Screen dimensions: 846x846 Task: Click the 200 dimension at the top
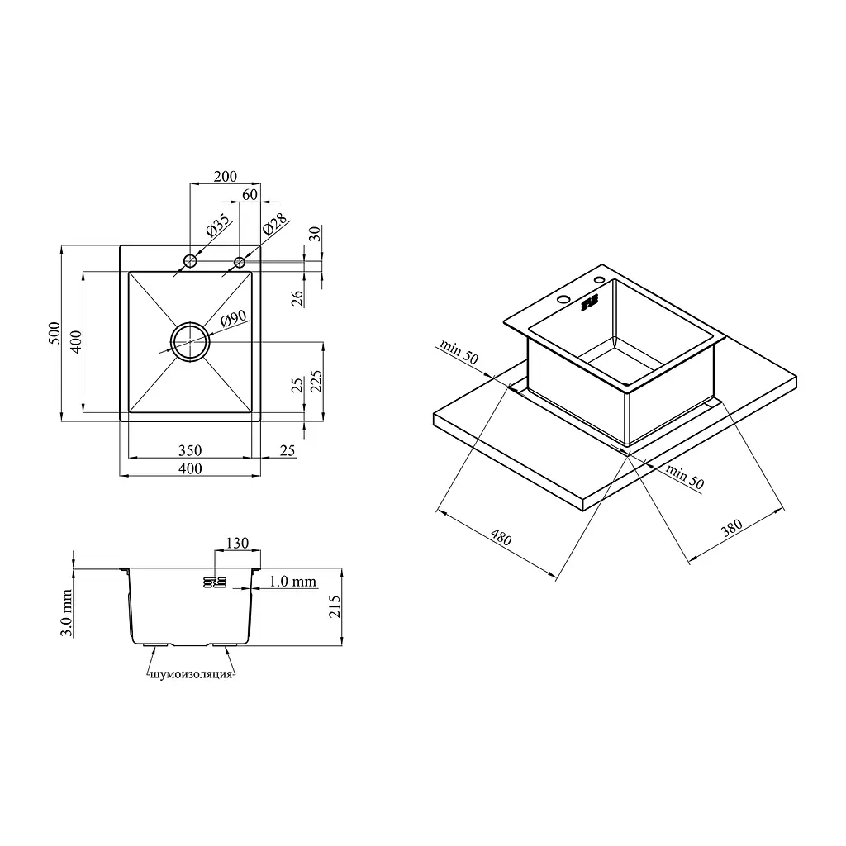(x=225, y=177)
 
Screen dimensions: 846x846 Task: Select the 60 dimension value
(x=250, y=195)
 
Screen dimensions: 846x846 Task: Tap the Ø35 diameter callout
(x=218, y=226)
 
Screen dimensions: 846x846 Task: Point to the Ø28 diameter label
(x=275, y=224)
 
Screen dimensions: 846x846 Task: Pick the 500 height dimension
(x=55, y=333)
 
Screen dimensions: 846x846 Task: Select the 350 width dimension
(x=190, y=450)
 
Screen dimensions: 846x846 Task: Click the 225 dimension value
(x=316, y=382)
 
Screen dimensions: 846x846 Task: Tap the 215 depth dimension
(x=335, y=606)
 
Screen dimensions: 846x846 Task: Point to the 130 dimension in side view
(x=237, y=543)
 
